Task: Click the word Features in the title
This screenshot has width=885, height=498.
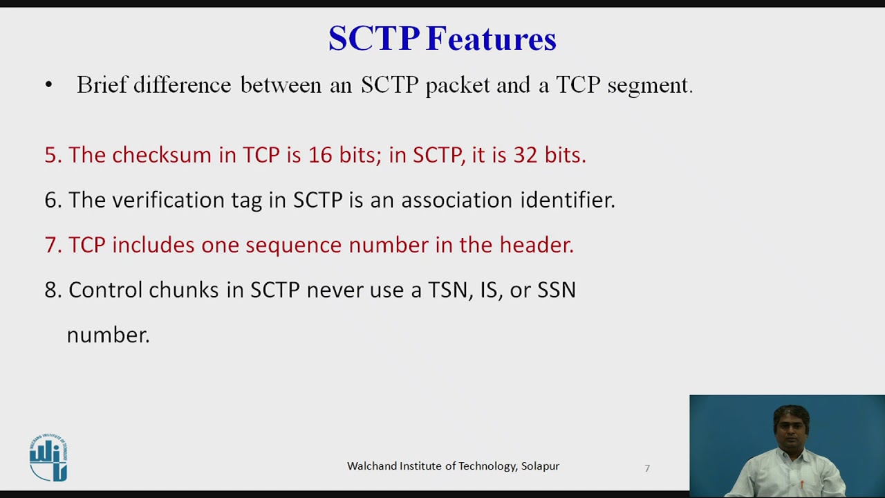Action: pyautogui.click(x=491, y=39)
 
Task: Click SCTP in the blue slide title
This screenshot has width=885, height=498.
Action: pyautogui.click(x=373, y=39)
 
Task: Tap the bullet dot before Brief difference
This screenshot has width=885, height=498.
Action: pyautogui.click(x=48, y=85)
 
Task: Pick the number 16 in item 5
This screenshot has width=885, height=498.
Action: pyautogui.click(x=320, y=155)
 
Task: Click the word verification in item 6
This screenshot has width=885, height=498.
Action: pyautogui.click(x=187, y=200)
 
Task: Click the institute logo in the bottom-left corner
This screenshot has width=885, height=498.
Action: pyautogui.click(x=48, y=457)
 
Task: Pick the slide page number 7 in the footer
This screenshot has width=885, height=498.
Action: pyautogui.click(x=647, y=468)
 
